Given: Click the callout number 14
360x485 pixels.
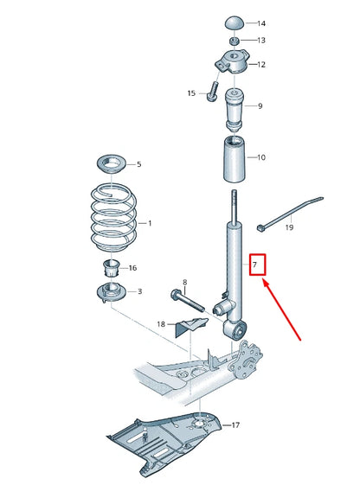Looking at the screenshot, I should click(x=262, y=23).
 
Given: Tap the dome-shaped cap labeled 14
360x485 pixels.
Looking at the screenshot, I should click(x=235, y=22).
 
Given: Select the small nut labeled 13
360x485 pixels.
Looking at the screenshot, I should click(x=235, y=41).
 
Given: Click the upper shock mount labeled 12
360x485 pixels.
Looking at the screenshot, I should click(x=232, y=63).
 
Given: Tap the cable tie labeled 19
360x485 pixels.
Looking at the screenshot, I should click(x=286, y=212).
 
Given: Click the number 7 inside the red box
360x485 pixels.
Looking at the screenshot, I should click(x=256, y=262).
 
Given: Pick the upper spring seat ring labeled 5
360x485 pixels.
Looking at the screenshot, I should click(x=112, y=163).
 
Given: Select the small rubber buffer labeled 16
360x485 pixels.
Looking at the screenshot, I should click(x=111, y=267).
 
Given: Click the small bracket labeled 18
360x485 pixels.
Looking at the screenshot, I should click(x=192, y=327).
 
